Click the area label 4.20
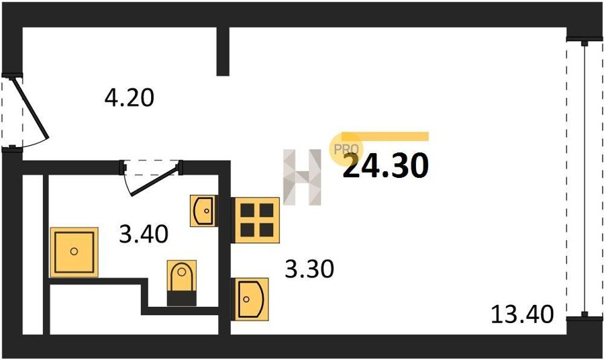coord(130,99)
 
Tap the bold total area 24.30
coord(385,166)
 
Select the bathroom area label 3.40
coord(143,234)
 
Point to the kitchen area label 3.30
coord(309,269)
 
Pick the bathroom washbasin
coord(204,211)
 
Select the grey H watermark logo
coord(303,177)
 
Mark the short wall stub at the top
coord(223,51)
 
